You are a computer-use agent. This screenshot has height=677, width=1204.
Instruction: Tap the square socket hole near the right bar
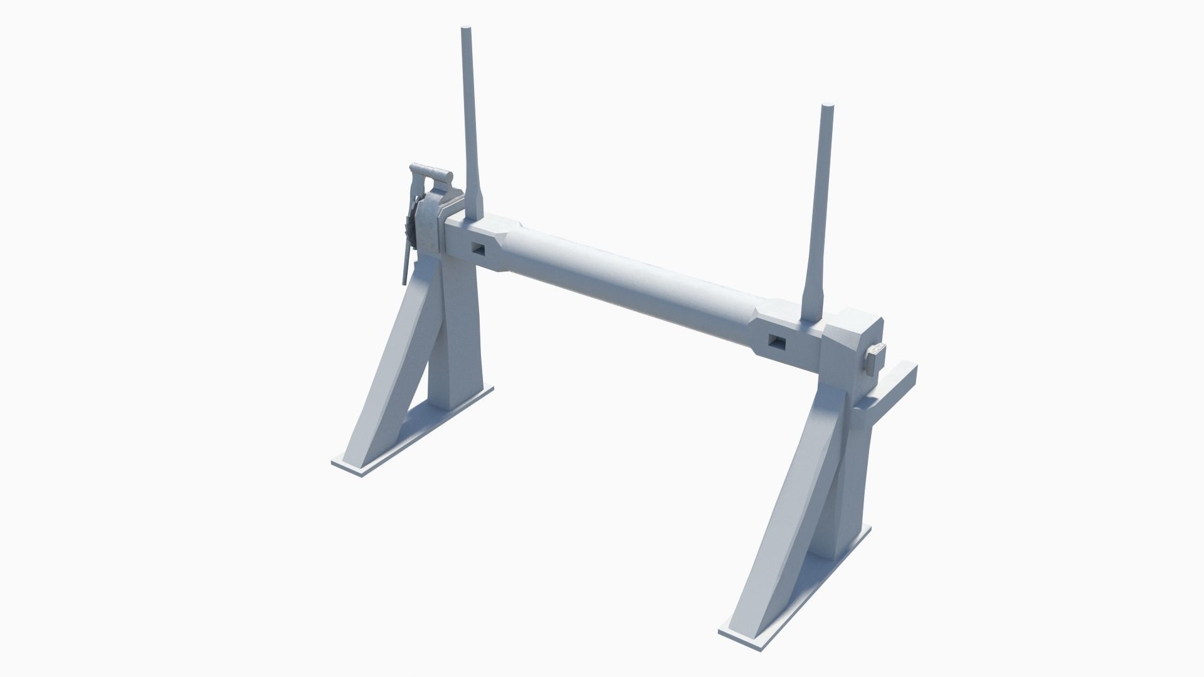[x=776, y=342]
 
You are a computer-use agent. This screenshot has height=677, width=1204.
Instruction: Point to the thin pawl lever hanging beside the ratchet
[x=407, y=263]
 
